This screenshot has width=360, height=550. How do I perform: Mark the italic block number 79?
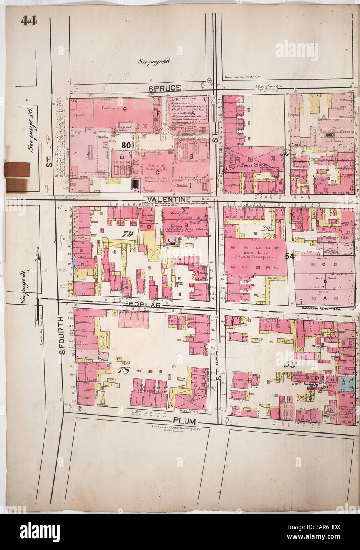coord(127,234)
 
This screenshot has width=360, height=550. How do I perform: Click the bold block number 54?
coord(289,256)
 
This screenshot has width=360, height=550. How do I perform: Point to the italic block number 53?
coord(291,364)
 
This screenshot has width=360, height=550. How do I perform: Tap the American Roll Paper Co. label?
coord(242,78)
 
